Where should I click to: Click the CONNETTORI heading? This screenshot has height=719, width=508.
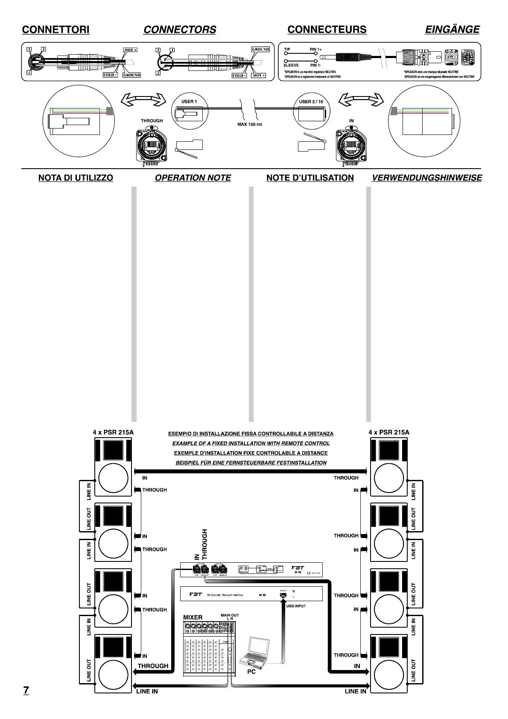pyautogui.click(x=55, y=29)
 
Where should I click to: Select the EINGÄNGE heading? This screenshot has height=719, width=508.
pyautogui.click(x=452, y=29)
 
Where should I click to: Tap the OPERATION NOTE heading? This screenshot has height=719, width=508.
pyautogui.click(x=193, y=178)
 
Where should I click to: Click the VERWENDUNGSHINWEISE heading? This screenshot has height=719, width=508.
pyautogui.click(x=426, y=178)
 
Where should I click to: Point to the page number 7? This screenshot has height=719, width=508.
pyautogui.click(x=26, y=690)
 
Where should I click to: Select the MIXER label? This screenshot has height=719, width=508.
pyautogui.click(x=193, y=617)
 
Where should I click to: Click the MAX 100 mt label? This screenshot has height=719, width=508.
pyautogui.click(x=250, y=125)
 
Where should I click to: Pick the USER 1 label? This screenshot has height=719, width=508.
pyautogui.click(x=189, y=102)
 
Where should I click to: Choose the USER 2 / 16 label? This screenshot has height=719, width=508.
pyautogui.click(x=311, y=102)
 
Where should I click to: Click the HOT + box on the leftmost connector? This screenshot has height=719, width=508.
pyautogui.click(x=130, y=50)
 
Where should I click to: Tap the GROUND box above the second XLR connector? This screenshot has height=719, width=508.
pyautogui.click(x=260, y=50)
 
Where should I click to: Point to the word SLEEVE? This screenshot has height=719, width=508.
pyautogui.click(x=291, y=65)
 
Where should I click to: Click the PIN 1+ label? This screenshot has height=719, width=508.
pyautogui.click(x=315, y=50)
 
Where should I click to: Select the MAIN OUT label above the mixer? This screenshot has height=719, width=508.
pyautogui.click(x=230, y=615)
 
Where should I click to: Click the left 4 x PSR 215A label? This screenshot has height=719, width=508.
pyautogui.click(x=113, y=432)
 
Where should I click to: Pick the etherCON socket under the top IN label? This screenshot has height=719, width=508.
pyautogui.click(x=351, y=145)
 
